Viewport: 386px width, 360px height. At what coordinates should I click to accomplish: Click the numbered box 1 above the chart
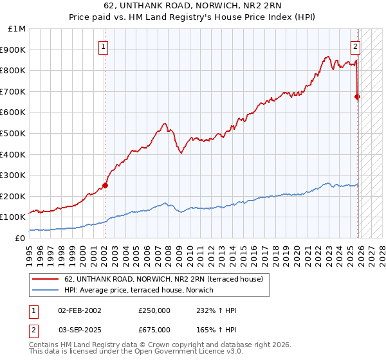pos(104,46)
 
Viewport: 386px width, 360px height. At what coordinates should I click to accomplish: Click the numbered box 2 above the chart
pos(355,46)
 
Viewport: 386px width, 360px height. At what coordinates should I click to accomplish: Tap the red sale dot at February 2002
pos(105,185)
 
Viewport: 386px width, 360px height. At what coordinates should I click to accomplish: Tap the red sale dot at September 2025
pos(358,97)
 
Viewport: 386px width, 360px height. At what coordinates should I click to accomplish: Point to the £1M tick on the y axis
pos(17,29)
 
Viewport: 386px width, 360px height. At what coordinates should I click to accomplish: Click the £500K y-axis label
pos(15,133)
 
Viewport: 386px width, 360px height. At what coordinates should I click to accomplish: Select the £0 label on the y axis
pos(21,238)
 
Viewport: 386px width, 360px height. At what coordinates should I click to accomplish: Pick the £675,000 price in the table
pos(154,329)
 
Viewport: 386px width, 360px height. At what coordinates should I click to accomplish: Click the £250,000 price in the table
pos(154,310)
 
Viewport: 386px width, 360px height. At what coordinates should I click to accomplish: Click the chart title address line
pos(193,8)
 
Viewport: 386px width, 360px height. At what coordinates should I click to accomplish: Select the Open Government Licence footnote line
pos(136,353)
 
